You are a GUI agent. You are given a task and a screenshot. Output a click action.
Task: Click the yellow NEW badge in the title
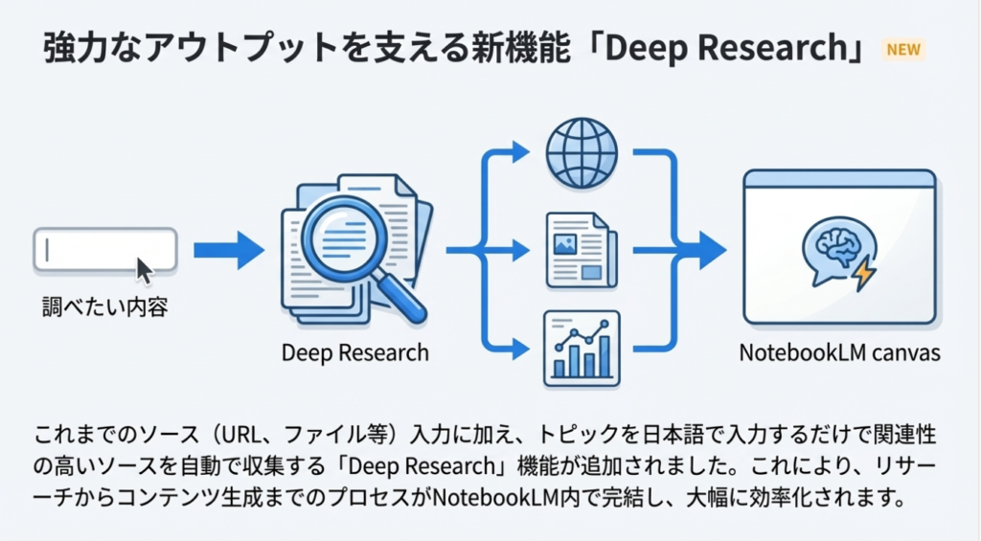coord(903,50)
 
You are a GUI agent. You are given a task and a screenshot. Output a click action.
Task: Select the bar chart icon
coord(582,349)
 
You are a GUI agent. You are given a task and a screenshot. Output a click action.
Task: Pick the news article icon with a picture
coord(582,251)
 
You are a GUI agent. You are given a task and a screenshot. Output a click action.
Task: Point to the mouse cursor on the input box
coord(144,269)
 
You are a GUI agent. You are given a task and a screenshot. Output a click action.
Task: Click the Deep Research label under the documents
coord(355,352)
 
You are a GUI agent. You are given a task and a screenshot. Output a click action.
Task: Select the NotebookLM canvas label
coord(839,352)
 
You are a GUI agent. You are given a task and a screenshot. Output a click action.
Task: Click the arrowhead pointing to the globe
coord(520,151)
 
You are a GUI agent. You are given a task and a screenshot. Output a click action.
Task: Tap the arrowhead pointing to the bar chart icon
coord(520,349)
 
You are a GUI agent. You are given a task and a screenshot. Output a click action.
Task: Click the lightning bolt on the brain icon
coord(863,274)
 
